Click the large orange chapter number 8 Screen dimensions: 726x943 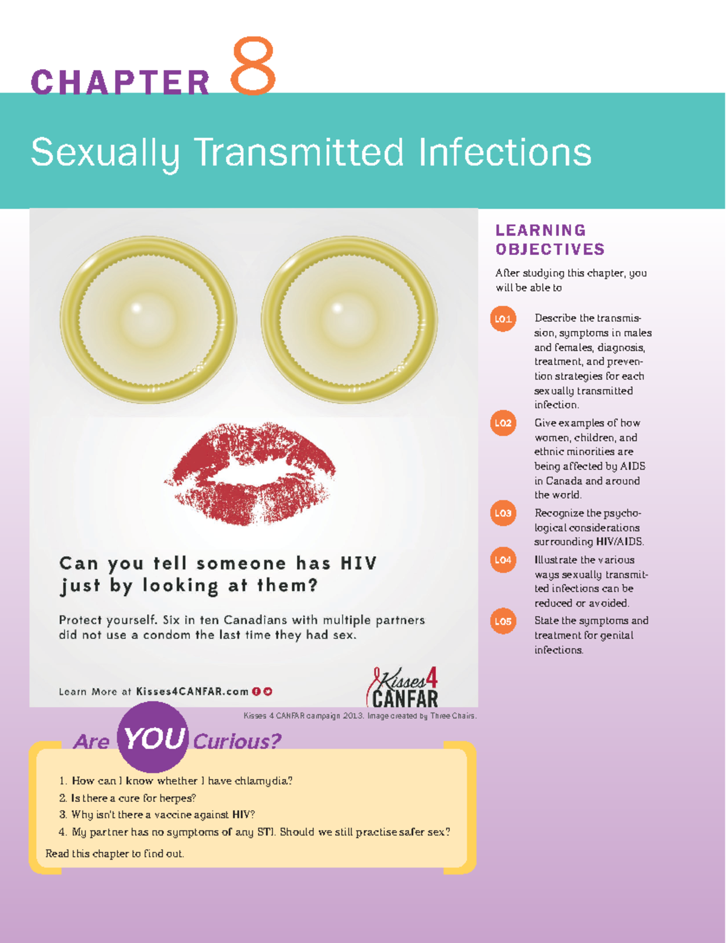pyautogui.click(x=253, y=65)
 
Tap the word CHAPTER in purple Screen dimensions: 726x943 pyautogui.click(x=120, y=82)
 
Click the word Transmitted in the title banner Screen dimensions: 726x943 pyautogui.click(x=299, y=153)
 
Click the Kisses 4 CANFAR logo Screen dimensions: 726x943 pyautogui.click(x=403, y=688)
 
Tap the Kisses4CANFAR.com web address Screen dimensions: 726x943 pyautogui.click(x=192, y=691)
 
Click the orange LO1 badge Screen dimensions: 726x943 pyautogui.click(x=503, y=319)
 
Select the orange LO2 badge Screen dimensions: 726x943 pyautogui.click(x=503, y=423)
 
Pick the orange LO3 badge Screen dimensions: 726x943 pyautogui.click(x=503, y=513)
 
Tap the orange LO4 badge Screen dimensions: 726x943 pyautogui.click(x=503, y=560)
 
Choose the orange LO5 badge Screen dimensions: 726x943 pyautogui.click(x=503, y=622)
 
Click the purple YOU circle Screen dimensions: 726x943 pyautogui.click(x=152, y=737)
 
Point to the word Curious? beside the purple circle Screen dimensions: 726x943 pyautogui.click(x=237, y=741)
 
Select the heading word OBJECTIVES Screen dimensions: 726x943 pyautogui.click(x=550, y=249)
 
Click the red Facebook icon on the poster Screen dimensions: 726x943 pyautogui.click(x=257, y=692)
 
